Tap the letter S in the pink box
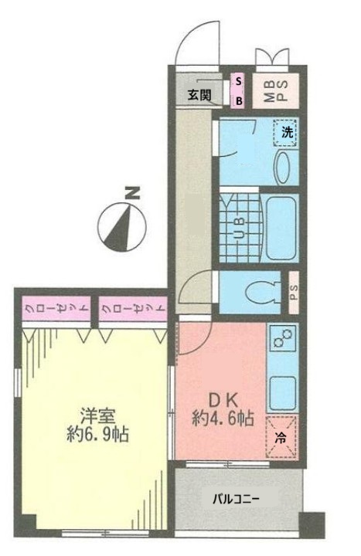(239, 81)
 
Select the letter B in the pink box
(239, 100)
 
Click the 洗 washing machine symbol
(287, 132)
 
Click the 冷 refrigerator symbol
(281, 436)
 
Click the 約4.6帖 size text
(223, 420)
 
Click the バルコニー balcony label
(236, 498)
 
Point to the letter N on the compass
(134, 194)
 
